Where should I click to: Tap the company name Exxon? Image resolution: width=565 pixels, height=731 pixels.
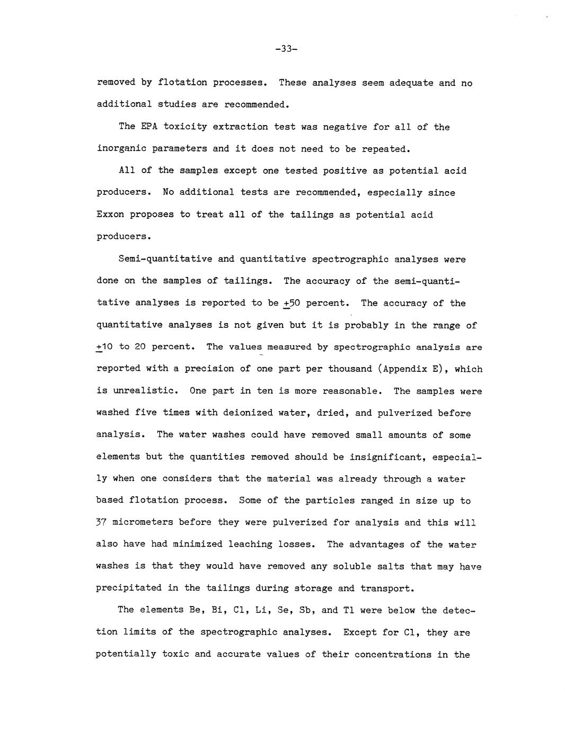point(110,215)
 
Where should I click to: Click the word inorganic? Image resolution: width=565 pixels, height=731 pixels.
point(121,148)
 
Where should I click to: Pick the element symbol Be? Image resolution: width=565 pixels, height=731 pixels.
point(190,610)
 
